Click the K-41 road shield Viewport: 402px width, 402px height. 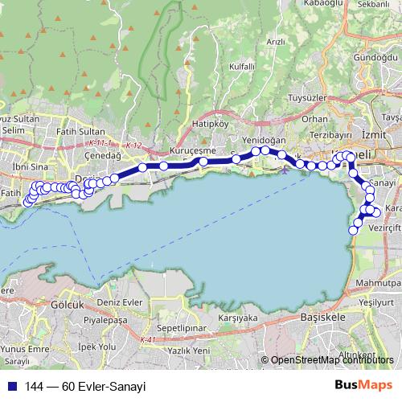pos(146,341)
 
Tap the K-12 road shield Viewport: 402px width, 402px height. pos(133,146)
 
